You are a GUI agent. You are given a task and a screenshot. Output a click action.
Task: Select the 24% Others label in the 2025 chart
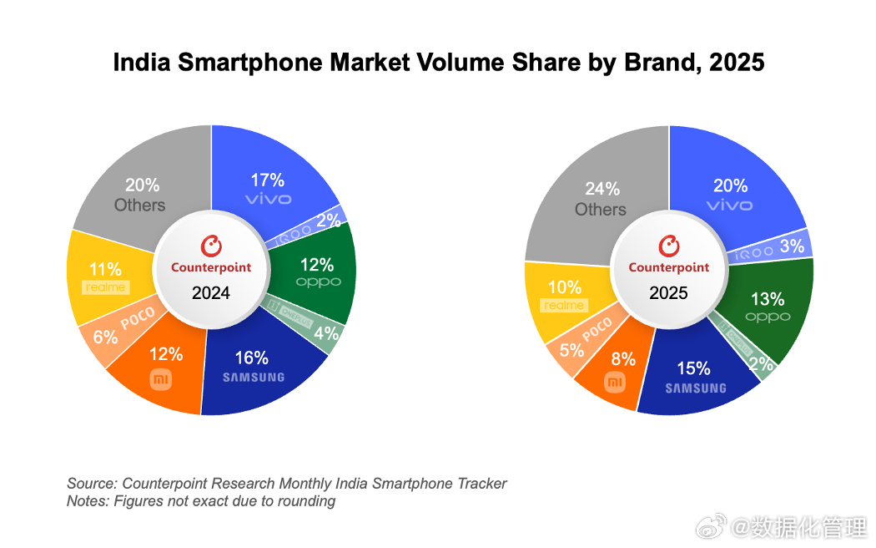pyautogui.click(x=601, y=199)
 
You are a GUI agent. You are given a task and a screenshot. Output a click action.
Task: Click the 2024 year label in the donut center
pyautogui.click(x=211, y=293)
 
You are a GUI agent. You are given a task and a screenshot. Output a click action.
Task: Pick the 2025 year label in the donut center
pyautogui.click(x=668, y=293)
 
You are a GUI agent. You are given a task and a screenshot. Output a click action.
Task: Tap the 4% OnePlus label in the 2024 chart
pyautogui.click(x=327, y=332)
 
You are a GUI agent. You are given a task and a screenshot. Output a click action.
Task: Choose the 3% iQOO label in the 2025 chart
pyautogui.click(x=791, y=246)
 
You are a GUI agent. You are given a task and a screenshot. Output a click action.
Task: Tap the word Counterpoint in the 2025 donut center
pyautogui.click(x=669, y=267)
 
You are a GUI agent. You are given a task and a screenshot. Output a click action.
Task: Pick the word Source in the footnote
pyautogui.click(x=91, y=484)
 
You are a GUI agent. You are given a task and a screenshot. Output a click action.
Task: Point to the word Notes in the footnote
pyautogui.click(x=87, y=501)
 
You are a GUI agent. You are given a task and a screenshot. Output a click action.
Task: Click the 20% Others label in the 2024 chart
pyautogui.click(x=140, y=195)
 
